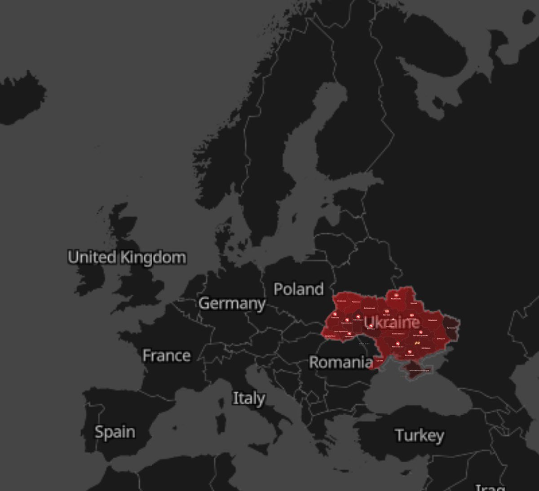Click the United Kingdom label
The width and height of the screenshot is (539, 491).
(x=127, y=257)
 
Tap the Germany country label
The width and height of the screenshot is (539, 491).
(x=232, y=304)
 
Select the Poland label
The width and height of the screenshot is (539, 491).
(x=298, y=289)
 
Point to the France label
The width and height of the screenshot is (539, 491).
(x=166, y=356)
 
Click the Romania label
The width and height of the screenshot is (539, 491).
(x=340, y=362)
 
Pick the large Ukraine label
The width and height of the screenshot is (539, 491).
(x=392, y=322)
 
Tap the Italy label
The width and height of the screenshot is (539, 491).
(x=248, y=398)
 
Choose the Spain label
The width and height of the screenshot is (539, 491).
(x=115, y=432)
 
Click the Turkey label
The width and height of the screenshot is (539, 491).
(x=420, y=435)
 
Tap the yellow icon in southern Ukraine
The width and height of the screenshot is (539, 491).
(x=417, y=343)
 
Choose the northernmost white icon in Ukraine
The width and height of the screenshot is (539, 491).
(x=396, y=295)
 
